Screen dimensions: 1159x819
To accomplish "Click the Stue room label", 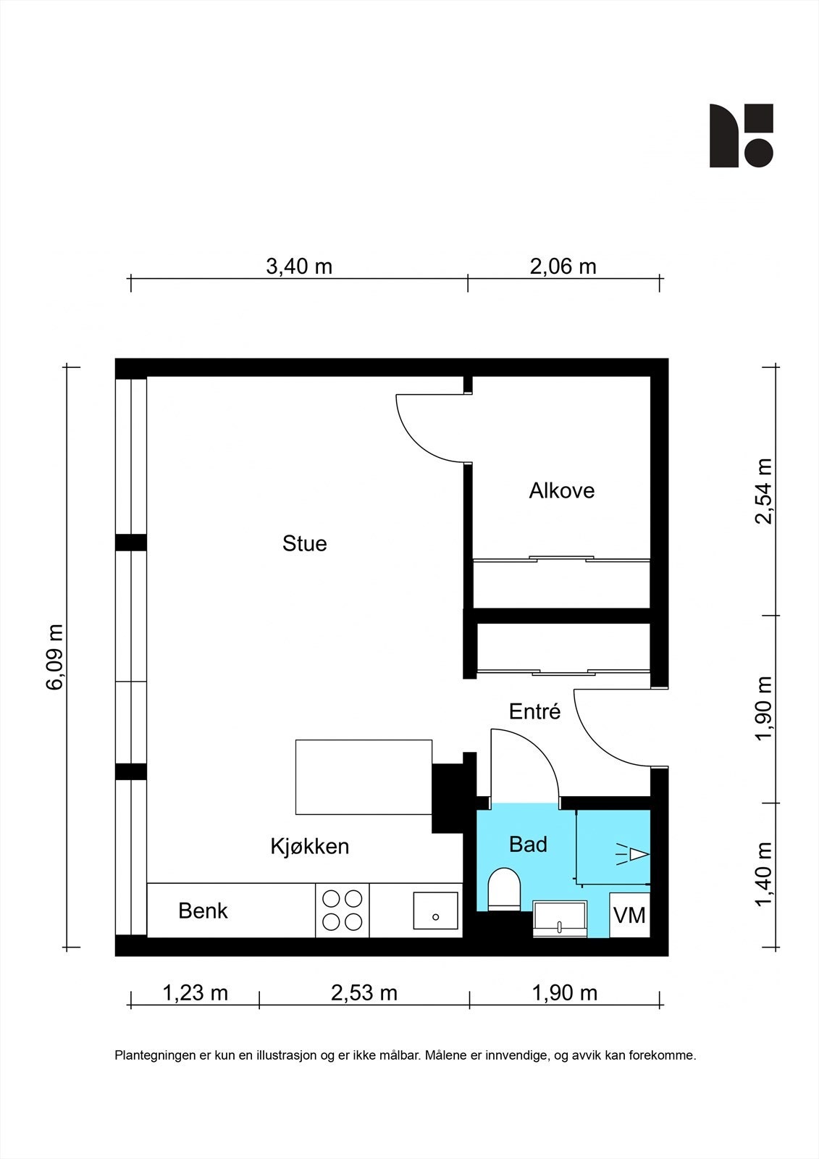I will (304, 543).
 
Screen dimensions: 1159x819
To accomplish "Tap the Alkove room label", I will (561, 490).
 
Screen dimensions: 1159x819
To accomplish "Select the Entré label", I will (534, 711).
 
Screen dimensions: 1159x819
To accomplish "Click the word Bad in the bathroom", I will (528, 844).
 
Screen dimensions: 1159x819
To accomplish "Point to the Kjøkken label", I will (310, 845).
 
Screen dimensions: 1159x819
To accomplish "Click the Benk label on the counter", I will (203, 911).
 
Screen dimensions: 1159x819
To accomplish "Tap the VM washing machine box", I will (629, 915).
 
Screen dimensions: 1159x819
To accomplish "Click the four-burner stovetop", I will (343, 911).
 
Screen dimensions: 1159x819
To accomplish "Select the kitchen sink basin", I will (435, 911).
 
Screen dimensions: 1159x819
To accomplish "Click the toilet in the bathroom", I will (505, 888).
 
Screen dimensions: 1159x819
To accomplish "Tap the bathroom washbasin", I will (560, 919).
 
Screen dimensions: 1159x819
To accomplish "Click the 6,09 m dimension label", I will (55, 657).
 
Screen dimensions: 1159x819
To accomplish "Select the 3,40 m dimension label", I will (299, 267).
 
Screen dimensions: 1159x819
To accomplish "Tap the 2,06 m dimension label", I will (563, 267).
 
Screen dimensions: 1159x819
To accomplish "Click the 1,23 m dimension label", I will (195, 992).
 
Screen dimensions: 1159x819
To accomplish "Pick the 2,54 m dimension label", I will (763, 491).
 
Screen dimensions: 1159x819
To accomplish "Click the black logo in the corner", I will (741, 135).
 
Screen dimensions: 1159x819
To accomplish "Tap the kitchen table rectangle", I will (364, 777).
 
